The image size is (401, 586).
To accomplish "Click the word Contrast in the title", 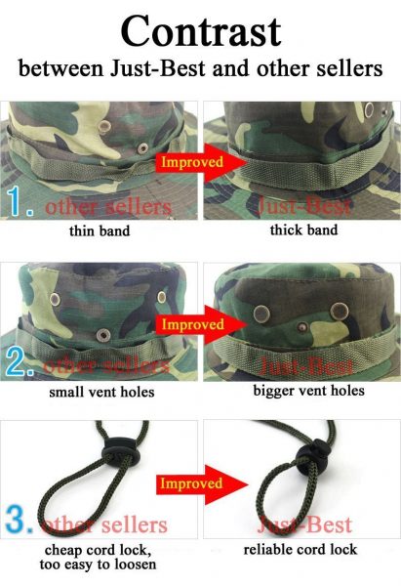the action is (201, 31).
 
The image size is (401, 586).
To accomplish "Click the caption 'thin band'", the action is (100, 230).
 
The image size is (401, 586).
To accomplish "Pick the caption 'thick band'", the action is (304, 230).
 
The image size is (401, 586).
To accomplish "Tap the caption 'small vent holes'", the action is (101, 392).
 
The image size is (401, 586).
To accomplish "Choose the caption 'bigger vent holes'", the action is (308, 391).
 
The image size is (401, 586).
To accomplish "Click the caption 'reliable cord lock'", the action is (301, 549).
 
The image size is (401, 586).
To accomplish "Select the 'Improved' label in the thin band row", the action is (192, 162).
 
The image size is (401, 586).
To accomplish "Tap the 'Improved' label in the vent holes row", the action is (192, 324).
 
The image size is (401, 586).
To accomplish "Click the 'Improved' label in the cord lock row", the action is (191, 483).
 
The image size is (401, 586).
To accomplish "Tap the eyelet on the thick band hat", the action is (369, 109).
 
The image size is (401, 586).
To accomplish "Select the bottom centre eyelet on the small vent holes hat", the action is (103, 335).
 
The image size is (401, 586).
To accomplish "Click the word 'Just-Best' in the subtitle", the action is (157, 68).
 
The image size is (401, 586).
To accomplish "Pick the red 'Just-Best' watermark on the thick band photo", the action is (304, 206).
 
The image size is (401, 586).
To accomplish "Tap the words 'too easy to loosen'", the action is (98, 564).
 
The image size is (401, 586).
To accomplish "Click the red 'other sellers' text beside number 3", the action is (104, 524).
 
